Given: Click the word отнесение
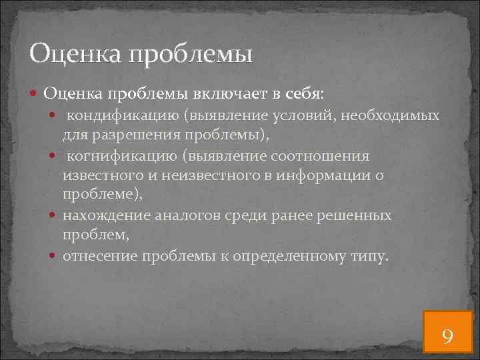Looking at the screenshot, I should [x=96, y=255].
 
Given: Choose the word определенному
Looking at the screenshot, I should [x=291, y=255].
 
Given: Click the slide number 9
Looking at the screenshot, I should [x=447, y=335].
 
